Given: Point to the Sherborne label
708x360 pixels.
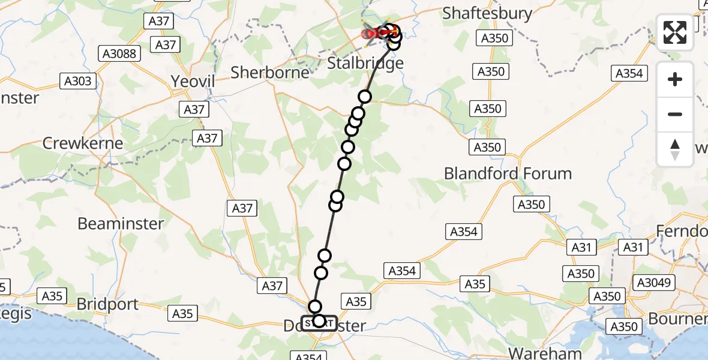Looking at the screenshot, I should tap(270, 73).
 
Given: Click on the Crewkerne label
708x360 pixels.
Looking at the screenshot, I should tap(83, 143).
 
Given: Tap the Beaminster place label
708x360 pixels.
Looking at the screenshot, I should tap(121, 224).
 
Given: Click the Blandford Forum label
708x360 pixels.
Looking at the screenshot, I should tap(508, 173).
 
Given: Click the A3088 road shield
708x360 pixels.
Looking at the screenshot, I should tap(121, 54).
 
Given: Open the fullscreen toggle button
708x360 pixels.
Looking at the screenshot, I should tap(675, 33).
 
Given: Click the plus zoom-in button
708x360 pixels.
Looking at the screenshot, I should tap(675, 79).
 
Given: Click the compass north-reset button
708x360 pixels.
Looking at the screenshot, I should tap(675, 149).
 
